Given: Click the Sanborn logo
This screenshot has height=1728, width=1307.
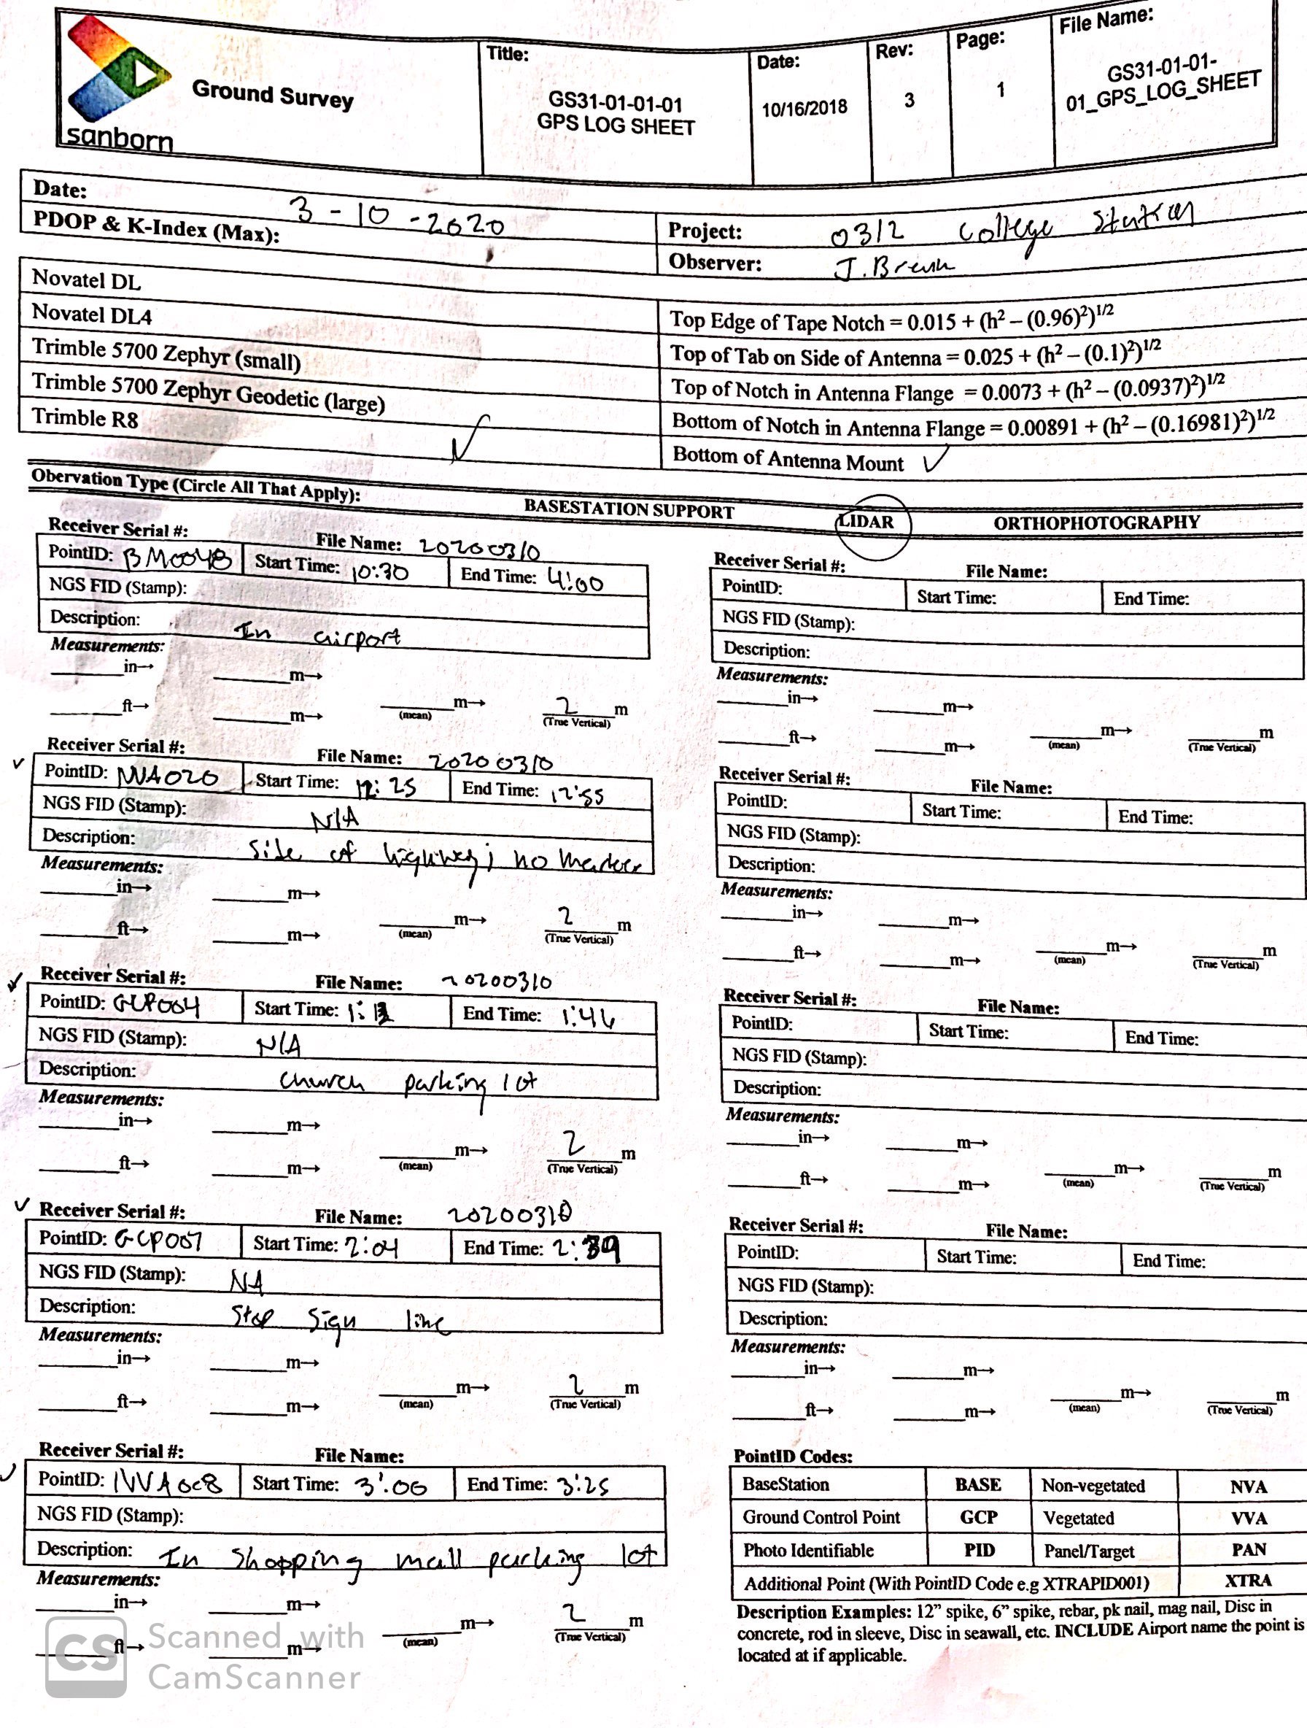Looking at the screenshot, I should point(117,82).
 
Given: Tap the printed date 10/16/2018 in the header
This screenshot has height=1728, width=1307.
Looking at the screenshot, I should point(804,108).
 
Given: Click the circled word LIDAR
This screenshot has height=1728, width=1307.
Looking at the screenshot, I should point(867,522).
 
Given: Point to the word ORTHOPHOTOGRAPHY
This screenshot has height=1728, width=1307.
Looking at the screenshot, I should point(1095,522).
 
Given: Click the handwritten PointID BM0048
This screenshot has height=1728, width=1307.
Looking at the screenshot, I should point(177,558).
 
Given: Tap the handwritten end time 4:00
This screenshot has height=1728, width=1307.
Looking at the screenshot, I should point(575,580).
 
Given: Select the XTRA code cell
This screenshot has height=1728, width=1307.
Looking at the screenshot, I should point(1247,1581).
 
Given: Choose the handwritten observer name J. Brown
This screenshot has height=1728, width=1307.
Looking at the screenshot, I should point(894,268).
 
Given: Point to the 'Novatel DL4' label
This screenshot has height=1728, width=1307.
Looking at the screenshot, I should point(91,314).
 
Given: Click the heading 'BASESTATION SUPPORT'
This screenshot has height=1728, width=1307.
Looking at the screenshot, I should point(629,510).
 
